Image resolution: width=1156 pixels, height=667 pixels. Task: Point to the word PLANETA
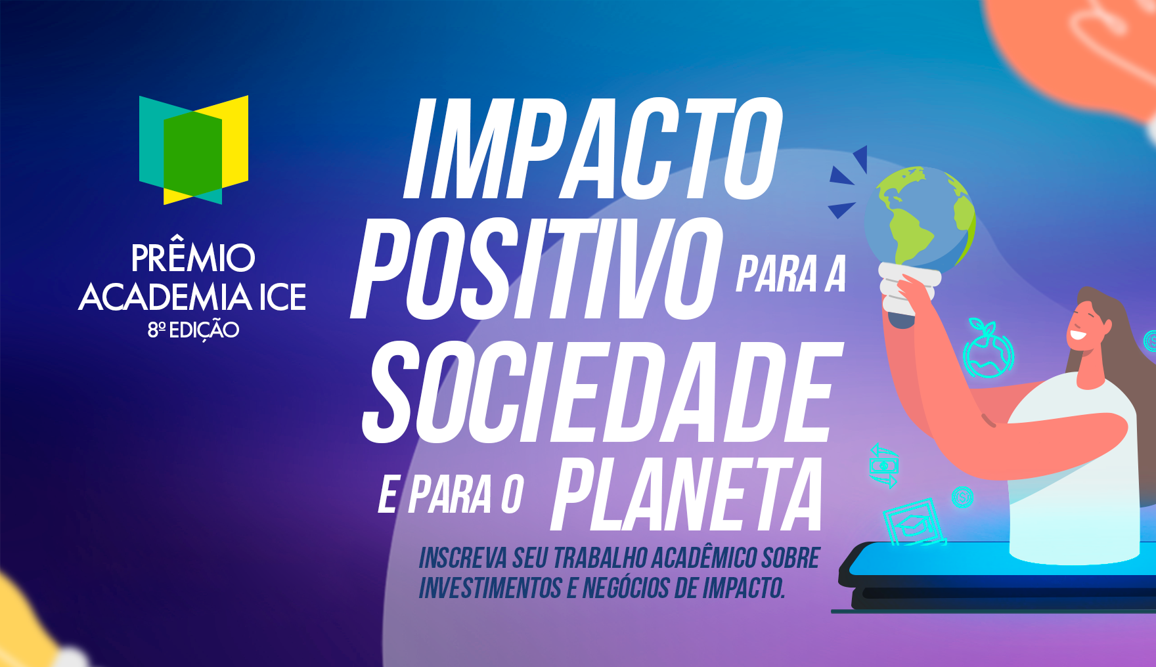[x=686, y=494]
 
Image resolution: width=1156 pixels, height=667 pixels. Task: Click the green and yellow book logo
[x=194, y=150]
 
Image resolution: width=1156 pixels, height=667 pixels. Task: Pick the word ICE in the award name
[x=283, y=297]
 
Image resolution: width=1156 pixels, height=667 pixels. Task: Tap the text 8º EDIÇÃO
[x=193, y=330]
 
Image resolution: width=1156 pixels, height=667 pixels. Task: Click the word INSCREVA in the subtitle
[x=463, y=559]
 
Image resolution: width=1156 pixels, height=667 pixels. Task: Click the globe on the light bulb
[x=920, y=217]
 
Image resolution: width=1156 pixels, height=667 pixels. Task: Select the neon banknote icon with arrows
[x=883, y=465]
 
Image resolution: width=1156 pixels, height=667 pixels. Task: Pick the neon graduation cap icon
[x=914, y=523]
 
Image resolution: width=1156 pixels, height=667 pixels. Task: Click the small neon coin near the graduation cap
[x=962, y=497]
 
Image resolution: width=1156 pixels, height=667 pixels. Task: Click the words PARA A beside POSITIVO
[x=791, y=274]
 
